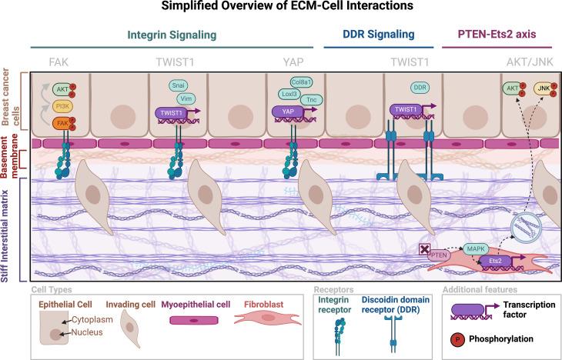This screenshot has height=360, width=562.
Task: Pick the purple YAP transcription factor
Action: (285, 111)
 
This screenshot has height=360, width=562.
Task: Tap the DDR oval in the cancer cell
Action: (400, 89)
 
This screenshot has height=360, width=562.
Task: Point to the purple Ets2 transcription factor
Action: (497, 262)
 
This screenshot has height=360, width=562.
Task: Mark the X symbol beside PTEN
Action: (423, 248)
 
